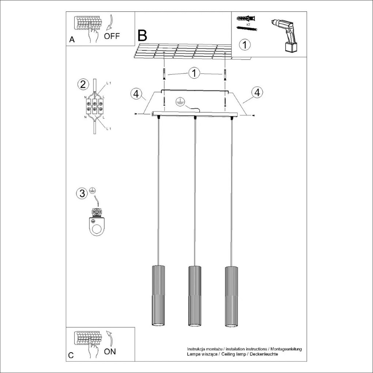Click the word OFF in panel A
pos(112,36)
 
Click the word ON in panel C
pos(110,352)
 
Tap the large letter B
pos(142,35)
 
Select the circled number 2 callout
pos(83,84)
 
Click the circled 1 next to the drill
pos(245,45)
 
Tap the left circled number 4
pos(136,94)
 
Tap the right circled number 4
pos(257,93)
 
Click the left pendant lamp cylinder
pos(158,296)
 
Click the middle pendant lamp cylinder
pos(195,296)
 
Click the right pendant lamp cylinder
pos(231,296)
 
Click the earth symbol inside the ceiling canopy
pos(179,102)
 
